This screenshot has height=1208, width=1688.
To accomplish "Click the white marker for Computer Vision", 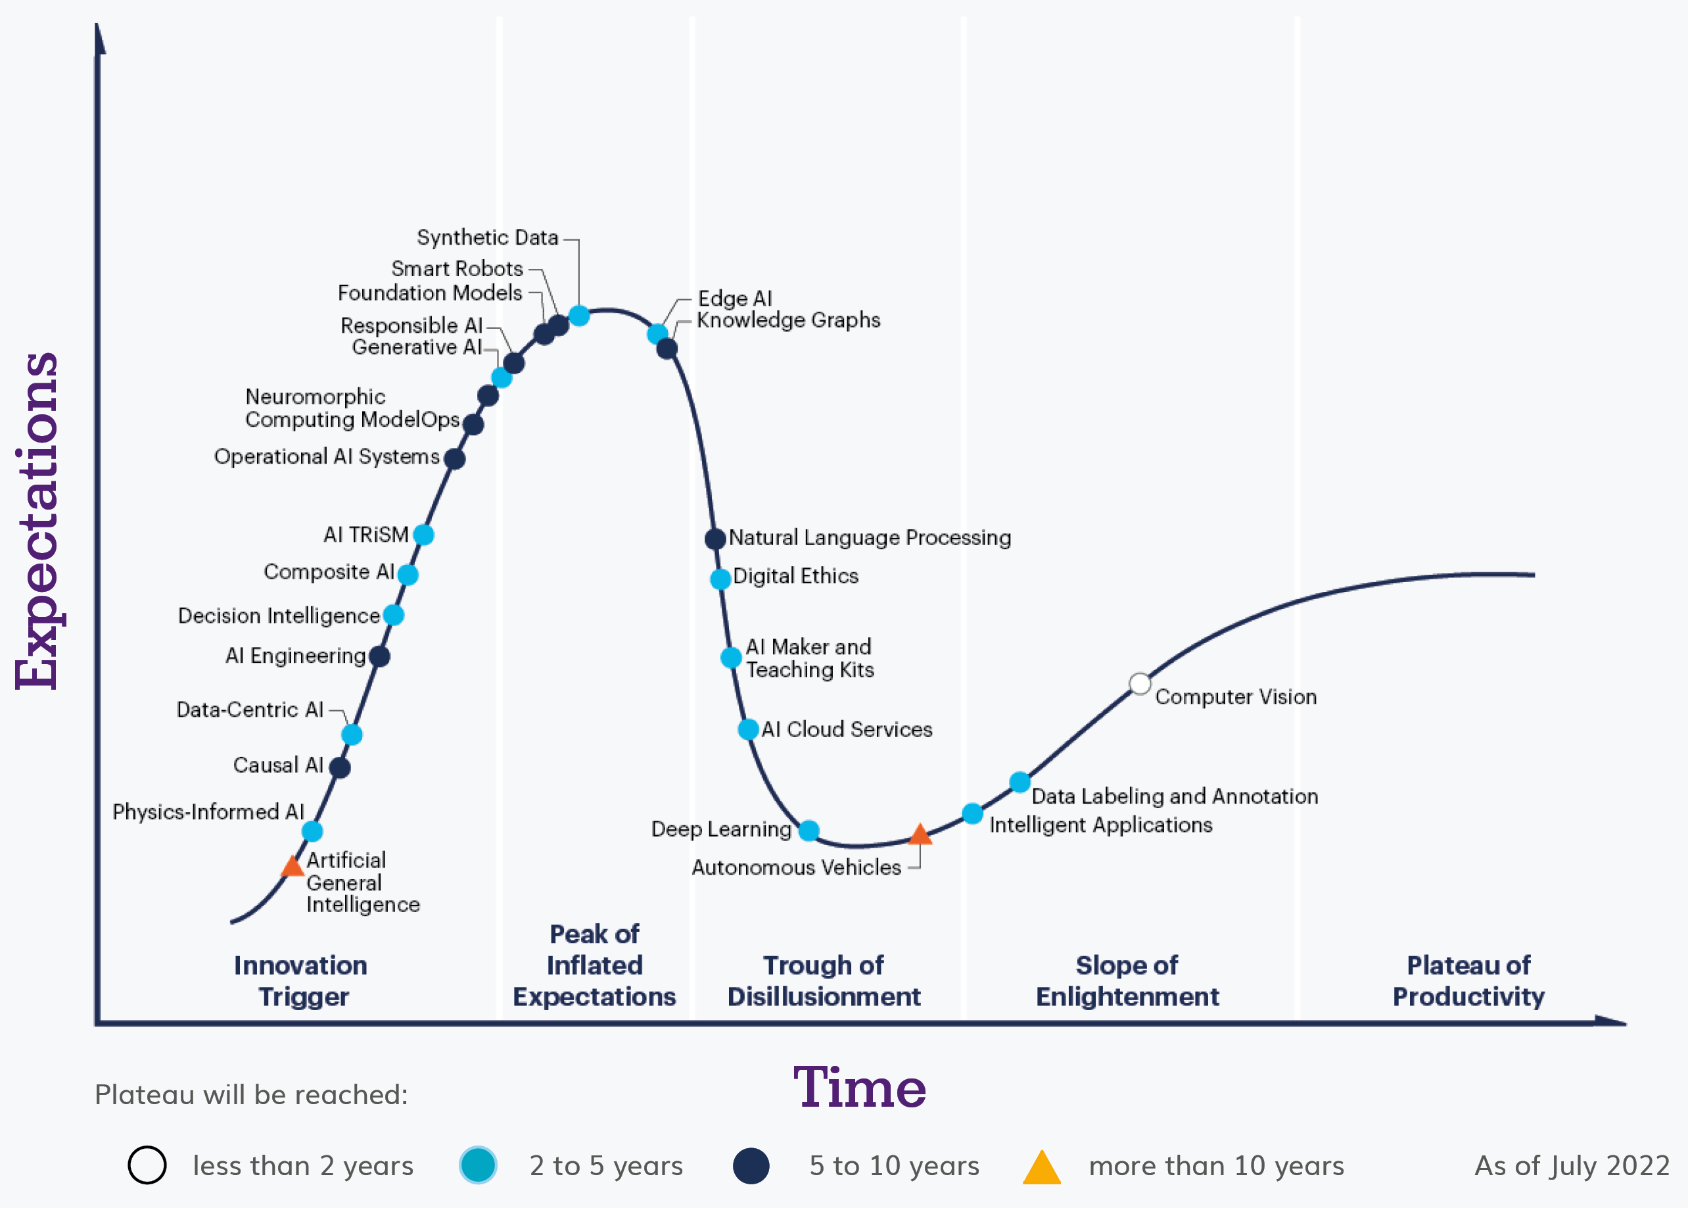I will click(x=1139, y=683).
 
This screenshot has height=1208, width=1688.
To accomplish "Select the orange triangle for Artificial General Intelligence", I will click(x=293, y=866).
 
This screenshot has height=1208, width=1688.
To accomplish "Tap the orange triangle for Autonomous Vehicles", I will click(x=920, y=834).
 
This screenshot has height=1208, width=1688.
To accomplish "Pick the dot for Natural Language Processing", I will click(x=715, y=539).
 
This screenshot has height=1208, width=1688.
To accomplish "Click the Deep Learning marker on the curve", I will click(x=809, y=830).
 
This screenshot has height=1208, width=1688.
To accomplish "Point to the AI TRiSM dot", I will click(x=423, y=534).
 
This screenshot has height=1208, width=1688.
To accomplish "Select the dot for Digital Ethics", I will click(x=720, y=579).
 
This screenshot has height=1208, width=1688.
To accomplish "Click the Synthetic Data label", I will click(x=487, y=237).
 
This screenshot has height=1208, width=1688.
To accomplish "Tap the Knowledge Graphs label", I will click(x=788, y=320).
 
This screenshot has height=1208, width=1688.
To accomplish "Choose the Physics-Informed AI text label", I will click(x=208, y=811).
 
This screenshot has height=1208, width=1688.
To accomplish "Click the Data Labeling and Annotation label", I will click(x=1174, y=796).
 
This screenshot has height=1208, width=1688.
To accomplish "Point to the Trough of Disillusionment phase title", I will click(x=823, y=980).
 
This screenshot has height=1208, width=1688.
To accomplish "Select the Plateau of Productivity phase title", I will click(x=1468, y=980).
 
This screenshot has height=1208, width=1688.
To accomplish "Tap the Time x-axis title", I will click(x=859, y=1088).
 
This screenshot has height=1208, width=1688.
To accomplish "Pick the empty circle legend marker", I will click(x=147, y=1165).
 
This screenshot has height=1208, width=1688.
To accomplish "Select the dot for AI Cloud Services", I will click(x=748, y=729).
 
